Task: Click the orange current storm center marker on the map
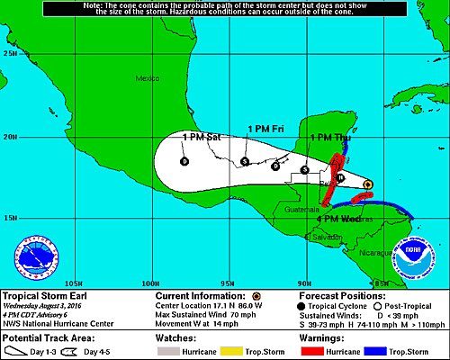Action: [x=367, y=184]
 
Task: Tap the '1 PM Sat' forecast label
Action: [x=202, y=137]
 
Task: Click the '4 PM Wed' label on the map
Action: [x=338, y=219]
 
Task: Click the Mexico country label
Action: [x=146, y=79]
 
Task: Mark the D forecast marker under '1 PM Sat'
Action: [x=184, y=162]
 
